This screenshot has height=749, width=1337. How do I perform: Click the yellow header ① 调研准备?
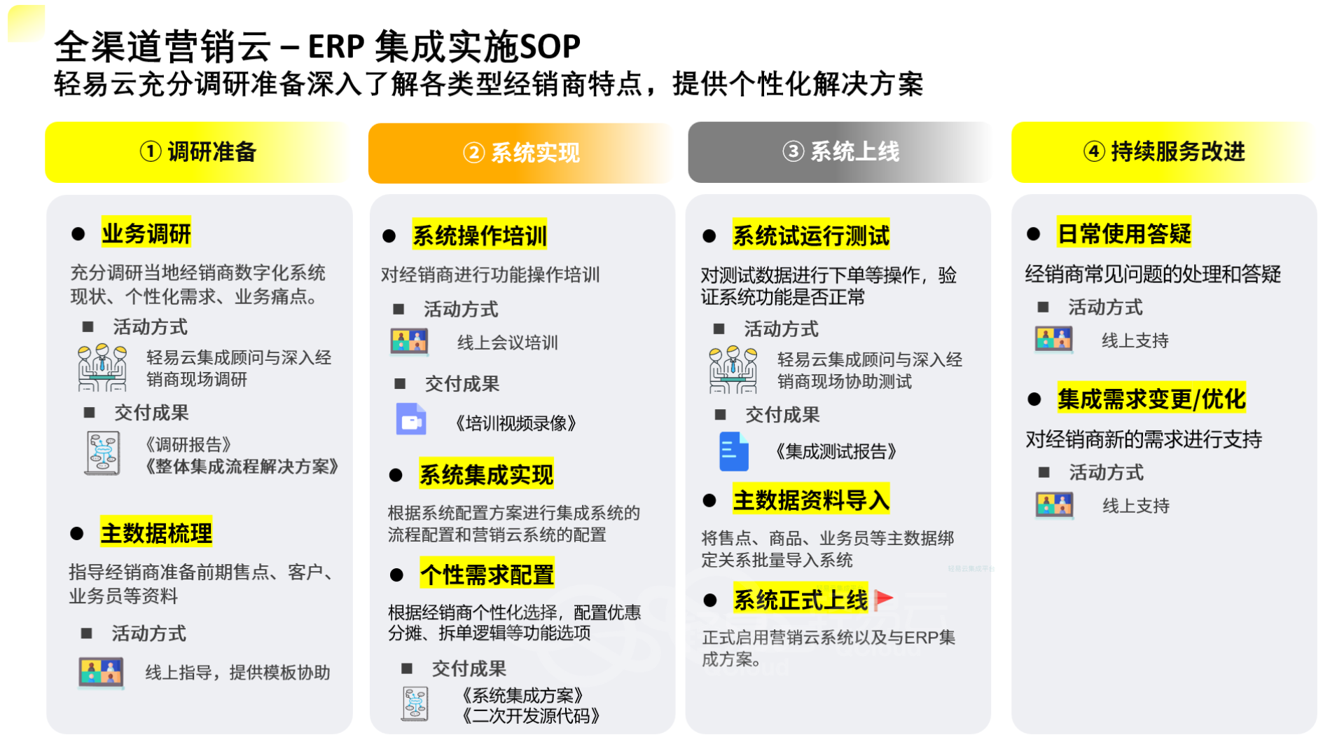point(199,152)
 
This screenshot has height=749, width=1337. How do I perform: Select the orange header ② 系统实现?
point(521,153)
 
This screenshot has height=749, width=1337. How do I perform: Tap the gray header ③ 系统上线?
point(840,152)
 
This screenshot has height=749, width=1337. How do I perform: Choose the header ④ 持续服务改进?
point(1163,152)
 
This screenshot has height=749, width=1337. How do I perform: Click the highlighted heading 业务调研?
point(146,233)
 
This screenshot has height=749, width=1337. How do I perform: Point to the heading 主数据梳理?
point(156,533)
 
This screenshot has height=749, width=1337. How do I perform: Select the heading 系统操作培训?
point(480,235)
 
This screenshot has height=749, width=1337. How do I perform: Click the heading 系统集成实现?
point(486,474)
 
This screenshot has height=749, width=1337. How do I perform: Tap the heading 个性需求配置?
point(487,575)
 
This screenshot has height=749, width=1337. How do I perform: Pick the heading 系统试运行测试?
point(811,235)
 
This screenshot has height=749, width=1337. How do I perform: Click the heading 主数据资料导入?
point(811,500)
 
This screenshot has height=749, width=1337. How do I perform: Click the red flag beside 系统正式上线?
point(884,599)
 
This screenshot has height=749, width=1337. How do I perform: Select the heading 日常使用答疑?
point(1124,233)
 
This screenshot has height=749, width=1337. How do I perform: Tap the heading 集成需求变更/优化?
point(1151,399)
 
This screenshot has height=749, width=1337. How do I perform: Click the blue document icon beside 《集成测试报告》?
point(734,451)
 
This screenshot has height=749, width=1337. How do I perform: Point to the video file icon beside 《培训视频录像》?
point(411,419)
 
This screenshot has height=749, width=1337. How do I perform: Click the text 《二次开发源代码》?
point(531,716)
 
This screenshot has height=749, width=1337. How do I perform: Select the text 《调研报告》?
point(188,445)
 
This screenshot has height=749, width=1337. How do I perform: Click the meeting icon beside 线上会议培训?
point(409,342)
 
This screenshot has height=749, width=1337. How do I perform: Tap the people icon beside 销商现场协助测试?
point(733,369)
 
